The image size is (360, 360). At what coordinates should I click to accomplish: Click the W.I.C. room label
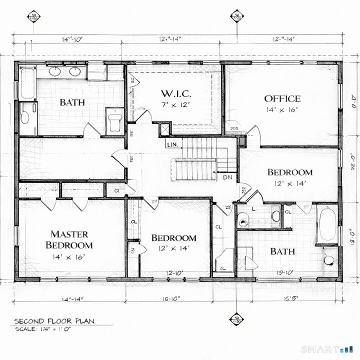point(176,93)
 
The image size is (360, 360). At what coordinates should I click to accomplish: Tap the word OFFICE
point(282,98)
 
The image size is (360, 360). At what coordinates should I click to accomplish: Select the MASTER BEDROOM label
point(69,239)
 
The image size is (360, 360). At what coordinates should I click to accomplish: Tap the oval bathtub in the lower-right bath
point(327,224)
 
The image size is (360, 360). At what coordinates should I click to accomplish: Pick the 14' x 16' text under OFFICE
point(282,110)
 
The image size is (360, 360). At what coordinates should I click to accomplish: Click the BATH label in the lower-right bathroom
point(282,251)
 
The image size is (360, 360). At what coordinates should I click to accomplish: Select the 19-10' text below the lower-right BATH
point(282,272)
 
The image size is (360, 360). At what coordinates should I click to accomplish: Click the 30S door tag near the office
point(233,128)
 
